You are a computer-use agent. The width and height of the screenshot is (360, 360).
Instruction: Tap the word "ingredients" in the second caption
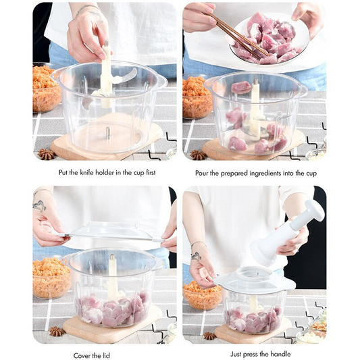tap(263, 173)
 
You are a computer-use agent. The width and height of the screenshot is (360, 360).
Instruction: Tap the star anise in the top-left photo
tap(47, 154)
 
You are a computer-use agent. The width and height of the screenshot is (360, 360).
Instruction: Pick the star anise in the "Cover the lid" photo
tap(56, 331)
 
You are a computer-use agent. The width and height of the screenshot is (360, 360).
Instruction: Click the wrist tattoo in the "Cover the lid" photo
tap(40, 205)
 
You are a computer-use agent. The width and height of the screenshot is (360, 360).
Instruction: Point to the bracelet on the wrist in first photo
tap(86, 9)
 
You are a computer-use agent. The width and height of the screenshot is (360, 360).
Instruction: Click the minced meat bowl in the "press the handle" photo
tap(202, 296)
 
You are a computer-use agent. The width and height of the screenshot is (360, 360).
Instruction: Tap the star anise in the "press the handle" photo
tap(211, 335)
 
